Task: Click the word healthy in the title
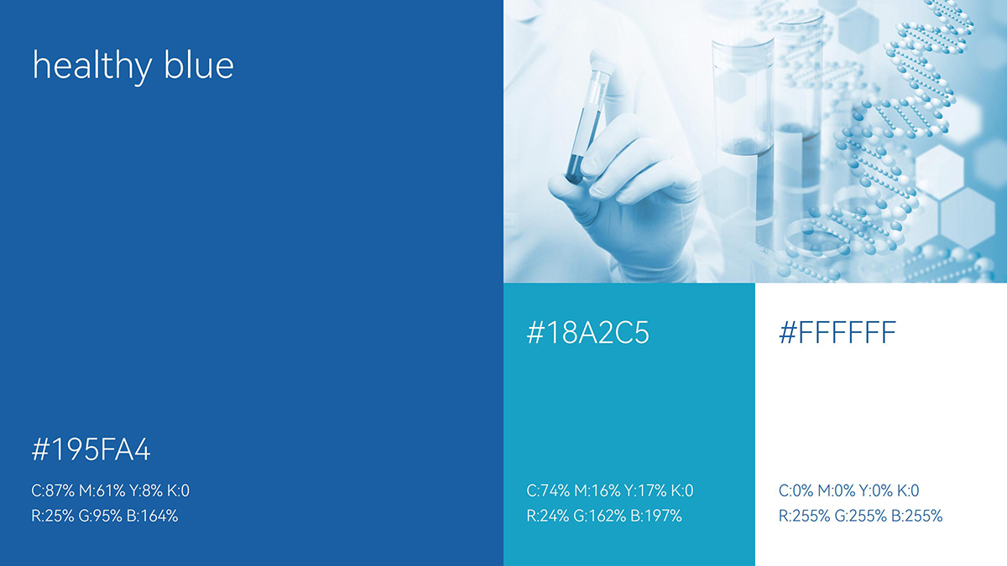click(x=92, y=67)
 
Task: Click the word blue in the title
click(x=199, y=65)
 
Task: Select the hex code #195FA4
click(x=91, y=449)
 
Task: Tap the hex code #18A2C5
click(x=587, y=333)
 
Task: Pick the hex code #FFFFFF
click(x=837, y=333)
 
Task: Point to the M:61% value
click(x=102, y=491)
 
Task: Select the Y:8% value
click(x=146, y=491)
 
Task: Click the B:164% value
click(x=152, y=517)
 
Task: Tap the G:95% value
click(x=100, y=517)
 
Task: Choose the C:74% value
click(x=548, y=491)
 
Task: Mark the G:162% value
click(x=600, y=517)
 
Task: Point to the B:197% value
click(x=656, y=517)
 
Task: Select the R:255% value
click(x=804, y=517)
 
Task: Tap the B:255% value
click(x=916, y=517)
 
